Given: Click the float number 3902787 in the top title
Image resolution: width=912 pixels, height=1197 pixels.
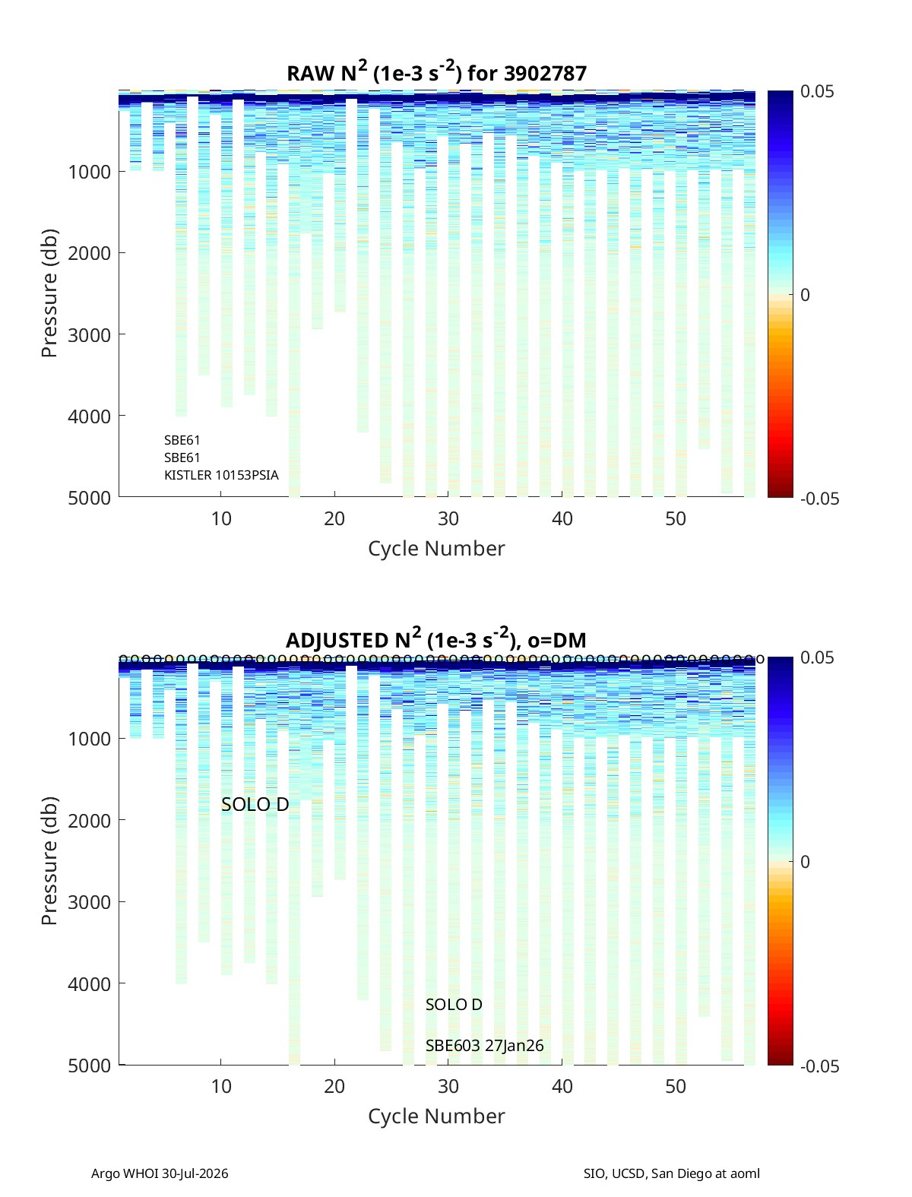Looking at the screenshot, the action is [x=545, y=74].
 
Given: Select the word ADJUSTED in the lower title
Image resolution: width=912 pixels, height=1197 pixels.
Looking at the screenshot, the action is [x=336, y=640].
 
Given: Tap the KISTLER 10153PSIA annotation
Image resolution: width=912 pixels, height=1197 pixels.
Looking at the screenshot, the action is [x=221, y=475].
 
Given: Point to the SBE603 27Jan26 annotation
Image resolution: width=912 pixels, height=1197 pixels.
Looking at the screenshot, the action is [x=485, y=1046].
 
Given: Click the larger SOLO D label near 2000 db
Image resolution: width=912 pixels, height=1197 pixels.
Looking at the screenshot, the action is [x=255, y=804].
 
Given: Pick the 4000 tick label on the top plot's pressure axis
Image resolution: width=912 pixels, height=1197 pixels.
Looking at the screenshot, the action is [x=90, y=416].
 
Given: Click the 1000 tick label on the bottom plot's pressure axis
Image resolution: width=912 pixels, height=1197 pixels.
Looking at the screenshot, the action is [x=90, y=739].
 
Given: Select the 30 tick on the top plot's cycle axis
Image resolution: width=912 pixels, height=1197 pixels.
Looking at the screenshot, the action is [x=448, y=518].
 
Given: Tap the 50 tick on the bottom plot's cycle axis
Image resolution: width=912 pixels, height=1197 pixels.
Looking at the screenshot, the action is [x=676, y=1086].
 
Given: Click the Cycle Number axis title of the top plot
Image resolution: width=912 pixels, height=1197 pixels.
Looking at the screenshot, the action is [x=437, y=549].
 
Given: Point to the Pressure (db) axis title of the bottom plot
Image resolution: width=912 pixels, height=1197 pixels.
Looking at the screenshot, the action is [x=49, y=861].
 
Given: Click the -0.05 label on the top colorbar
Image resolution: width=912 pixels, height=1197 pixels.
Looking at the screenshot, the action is [x=819, y=499].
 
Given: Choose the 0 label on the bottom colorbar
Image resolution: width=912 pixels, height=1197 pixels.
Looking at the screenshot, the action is [x=805, y=862].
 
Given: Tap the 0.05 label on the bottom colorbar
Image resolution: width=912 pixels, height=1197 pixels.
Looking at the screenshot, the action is [x=817, y=657].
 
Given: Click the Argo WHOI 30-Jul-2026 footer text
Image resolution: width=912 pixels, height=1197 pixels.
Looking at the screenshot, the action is [x=160, y=1173].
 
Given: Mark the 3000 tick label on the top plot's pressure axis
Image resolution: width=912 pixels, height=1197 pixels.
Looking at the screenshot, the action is [x=90, y=335].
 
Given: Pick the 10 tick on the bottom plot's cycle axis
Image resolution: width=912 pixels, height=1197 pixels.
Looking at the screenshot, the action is [x=220, y=1086].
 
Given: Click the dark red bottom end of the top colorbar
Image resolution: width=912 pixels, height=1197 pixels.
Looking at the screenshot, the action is [x=780, y=494].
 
